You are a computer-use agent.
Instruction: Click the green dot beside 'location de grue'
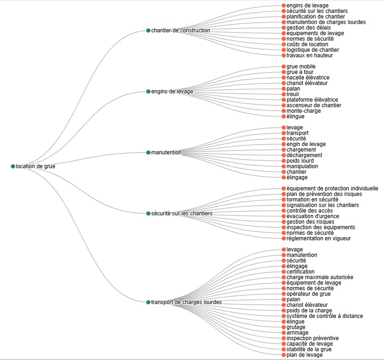(13, 166)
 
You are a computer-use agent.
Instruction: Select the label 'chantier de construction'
(180, 31)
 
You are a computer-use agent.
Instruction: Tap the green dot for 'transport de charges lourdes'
(148, 302)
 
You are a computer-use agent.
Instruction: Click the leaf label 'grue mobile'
(301, 67)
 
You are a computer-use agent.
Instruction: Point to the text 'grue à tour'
(300, 72)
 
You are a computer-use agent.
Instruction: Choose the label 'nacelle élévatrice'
(308, 78)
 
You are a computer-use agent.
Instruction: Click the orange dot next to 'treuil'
(284, 94)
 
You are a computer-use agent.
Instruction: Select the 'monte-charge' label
(303, 111)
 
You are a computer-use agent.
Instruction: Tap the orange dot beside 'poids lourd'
(284, 161)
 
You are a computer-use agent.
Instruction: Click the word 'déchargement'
(304, 155)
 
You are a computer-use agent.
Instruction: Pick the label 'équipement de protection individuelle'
(332, 189)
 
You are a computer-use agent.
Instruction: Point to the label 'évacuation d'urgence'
(313, 216)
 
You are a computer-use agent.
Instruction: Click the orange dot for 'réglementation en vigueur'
(284, 238)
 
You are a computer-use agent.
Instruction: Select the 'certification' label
(300, 272)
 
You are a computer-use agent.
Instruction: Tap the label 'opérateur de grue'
(309, 294)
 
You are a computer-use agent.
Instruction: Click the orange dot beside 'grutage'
(284, 327)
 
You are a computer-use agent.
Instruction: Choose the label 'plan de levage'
(304, 355)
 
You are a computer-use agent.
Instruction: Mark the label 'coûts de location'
(307, 44)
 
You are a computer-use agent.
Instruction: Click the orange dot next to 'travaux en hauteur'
(284, 55)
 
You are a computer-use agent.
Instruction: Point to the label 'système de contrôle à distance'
(324, 316)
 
